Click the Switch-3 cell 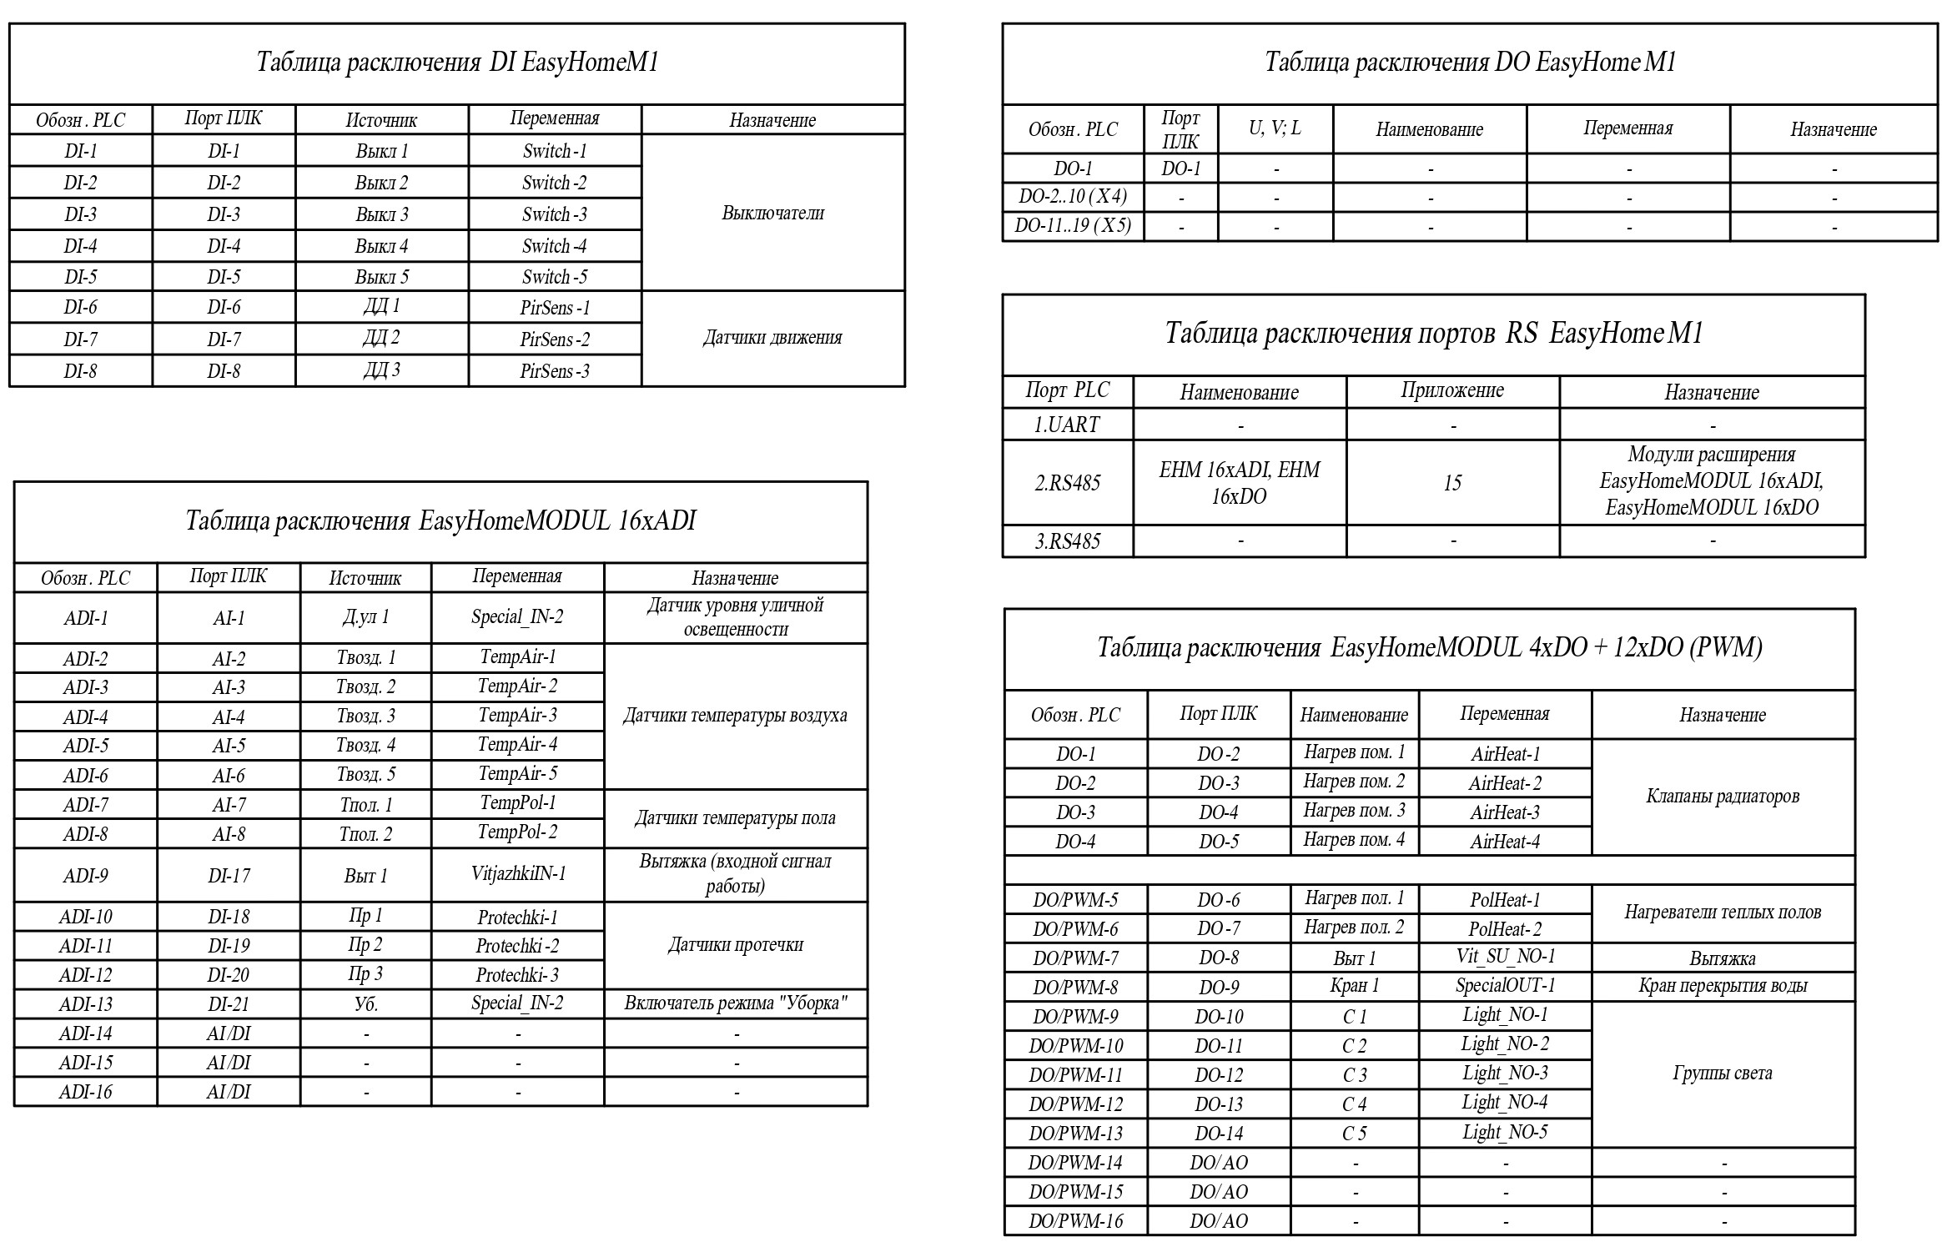point(555,214)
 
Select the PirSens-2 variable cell point(555,339)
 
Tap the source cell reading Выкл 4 point(381,246)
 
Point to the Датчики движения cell point(772,338)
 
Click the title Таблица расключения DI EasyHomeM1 point(457,63)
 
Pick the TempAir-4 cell point(517,744)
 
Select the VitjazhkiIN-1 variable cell point(517,873)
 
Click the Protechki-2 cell point(517,945)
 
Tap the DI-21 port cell point(229,1004)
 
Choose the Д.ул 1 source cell point(365,617)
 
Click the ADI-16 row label point(85,1092)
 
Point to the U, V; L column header point(1275,128)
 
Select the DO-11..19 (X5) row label point(1073,226)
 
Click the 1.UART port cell point(1067,425)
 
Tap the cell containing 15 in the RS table point(1452,483)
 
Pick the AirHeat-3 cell point(1505,812)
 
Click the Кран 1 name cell point(1354,986)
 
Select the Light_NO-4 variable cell point(1505,1103)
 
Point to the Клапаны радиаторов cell point(1723,797)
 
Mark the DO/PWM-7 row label point(1075,958)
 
